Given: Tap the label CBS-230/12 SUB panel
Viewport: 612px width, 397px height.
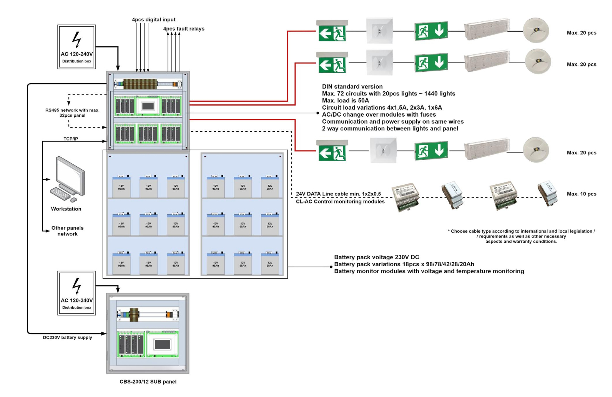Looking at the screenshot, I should point(148,382).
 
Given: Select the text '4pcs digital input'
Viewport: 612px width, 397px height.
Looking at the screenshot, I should point(153,20).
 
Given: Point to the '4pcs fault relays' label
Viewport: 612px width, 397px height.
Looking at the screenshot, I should point(184,29).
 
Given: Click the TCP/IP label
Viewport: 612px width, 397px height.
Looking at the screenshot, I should point(71,139).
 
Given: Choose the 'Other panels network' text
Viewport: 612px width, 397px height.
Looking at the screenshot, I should point(67,231).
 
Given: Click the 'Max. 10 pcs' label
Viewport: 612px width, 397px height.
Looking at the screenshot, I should point(581,194).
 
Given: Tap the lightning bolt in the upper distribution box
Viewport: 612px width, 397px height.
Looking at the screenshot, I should point(77,39).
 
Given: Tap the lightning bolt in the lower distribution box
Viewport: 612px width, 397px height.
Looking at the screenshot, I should point(77,286).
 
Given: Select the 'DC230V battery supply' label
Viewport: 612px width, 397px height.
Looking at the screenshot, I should point(67,337).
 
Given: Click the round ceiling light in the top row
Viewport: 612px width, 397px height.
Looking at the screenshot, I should point(536,31).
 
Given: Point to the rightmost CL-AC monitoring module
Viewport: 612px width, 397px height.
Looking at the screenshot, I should point(547,194).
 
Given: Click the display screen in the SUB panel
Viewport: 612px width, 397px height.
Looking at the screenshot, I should point(162,345).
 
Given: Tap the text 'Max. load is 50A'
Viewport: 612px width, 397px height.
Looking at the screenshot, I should point(345,100).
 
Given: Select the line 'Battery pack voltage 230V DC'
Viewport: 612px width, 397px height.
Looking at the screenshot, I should point(376,257).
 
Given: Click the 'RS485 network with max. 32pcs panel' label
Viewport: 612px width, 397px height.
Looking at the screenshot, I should point(72,113).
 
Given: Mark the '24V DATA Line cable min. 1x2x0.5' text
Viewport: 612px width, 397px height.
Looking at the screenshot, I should point(338,194).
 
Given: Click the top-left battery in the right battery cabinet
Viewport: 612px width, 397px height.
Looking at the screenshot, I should point(215,186).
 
